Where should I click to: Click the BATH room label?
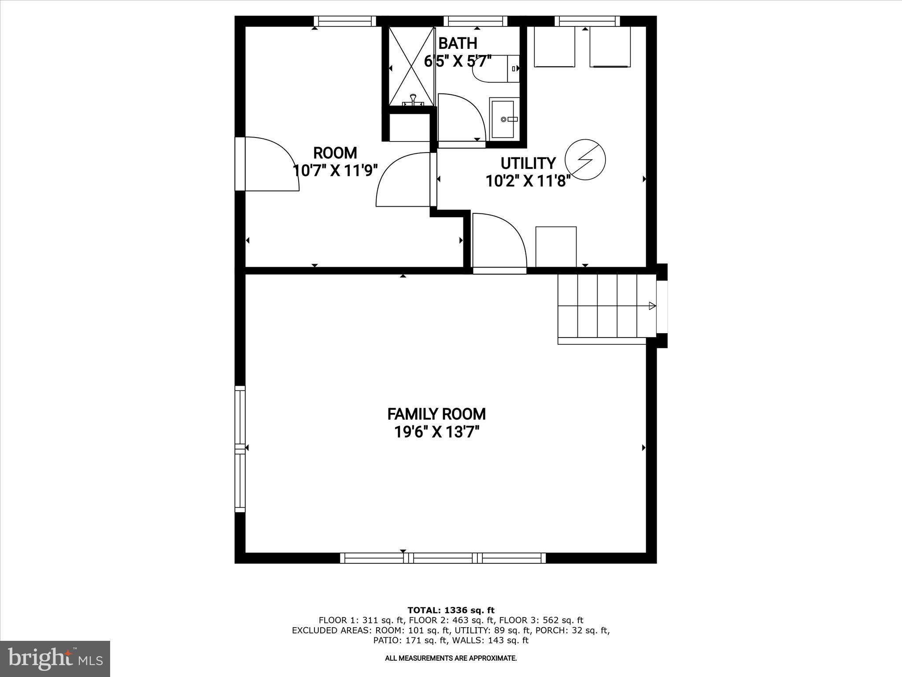tap(458, 43)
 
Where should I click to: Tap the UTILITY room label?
tap(528, 164)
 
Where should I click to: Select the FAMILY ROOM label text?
tap(436, 414)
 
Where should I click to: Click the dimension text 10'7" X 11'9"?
tap(336, 170)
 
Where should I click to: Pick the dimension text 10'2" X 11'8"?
tap(528, 181)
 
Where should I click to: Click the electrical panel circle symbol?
tap(585, 160)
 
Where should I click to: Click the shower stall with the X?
tap(411, 66)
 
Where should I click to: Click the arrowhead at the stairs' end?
tap(652, 306)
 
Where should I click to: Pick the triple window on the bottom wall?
tap(443, 558)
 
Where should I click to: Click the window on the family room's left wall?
tap(240, 449)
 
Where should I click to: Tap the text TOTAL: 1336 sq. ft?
tap(451, 610)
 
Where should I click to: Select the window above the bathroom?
tap(475, 21)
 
